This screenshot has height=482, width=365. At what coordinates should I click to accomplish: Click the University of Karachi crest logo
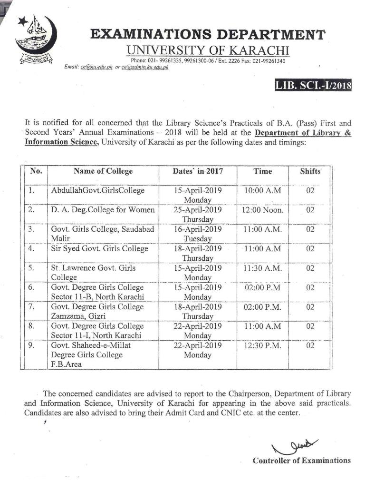click(36, 40)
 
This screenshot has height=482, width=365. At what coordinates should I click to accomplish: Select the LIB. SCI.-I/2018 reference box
click(313, 86)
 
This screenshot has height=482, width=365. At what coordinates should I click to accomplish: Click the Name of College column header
click(103, 171)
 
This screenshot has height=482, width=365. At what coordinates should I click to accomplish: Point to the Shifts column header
click(310, 171)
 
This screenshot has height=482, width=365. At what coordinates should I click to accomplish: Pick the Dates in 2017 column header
click(198, 171)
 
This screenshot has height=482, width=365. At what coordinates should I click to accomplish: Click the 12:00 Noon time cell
click(262, 210)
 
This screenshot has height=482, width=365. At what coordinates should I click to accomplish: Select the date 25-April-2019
click(198, 210)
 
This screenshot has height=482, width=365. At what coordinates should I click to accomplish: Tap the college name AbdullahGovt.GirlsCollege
click(97, 191)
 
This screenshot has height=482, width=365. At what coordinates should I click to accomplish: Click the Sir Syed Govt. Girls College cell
click(99, 248)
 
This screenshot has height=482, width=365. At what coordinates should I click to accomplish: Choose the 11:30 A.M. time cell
click(262, 268)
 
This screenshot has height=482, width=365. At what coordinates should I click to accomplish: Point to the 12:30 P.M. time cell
click(262, 345)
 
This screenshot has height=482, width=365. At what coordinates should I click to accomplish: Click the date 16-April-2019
click(198, 229)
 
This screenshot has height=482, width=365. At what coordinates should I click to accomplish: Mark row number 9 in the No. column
click(31, 345)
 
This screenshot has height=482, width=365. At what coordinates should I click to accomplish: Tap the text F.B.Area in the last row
click(66, 364)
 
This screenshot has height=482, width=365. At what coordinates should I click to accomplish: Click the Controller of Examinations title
click(301, 461)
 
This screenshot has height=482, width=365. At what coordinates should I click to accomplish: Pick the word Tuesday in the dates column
click(198, 238)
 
